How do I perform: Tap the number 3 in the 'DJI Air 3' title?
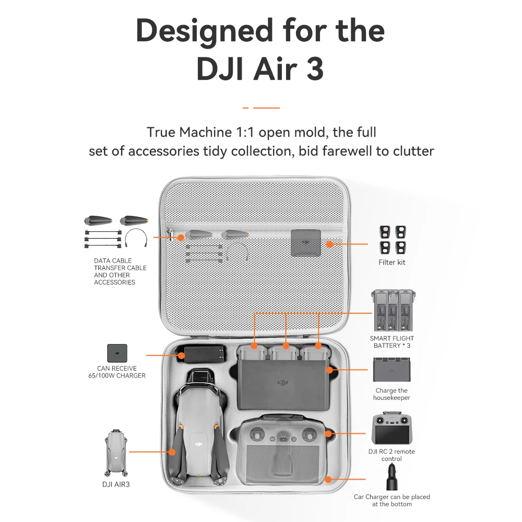[x=315, y=69]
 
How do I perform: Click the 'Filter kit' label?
[x=392, y=263]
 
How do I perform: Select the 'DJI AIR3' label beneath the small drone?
[x=116, y=484]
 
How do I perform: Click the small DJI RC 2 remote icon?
[x=392, y=428]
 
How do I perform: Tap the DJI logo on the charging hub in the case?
[x=282, y=383]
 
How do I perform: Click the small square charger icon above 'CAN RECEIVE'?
[x=117, y=353]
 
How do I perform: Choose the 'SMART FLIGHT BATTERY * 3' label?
[x=392, y=342]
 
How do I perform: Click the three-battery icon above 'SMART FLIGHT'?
[x=393, y=310]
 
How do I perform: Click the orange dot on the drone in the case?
[x=172, y=452]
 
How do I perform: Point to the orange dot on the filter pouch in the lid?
[x=329, y=244]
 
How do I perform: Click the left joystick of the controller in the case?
[x=257, y=434]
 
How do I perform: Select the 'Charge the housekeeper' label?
[x=391, y=394]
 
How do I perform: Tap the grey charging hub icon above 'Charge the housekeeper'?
[x=392, y=370]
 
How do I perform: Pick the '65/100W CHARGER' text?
[x=117, y=375]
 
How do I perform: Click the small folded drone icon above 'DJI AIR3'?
[x=116, y=453]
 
